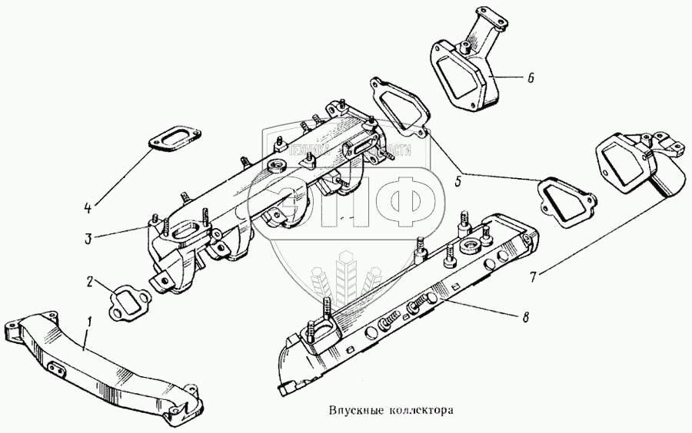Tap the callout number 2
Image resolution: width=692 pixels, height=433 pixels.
coord(90,283)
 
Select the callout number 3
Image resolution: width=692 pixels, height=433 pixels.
coord(89,238)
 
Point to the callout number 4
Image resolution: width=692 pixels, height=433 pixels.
coord(88,207)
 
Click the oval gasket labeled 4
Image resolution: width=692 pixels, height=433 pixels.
coord(171,141)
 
